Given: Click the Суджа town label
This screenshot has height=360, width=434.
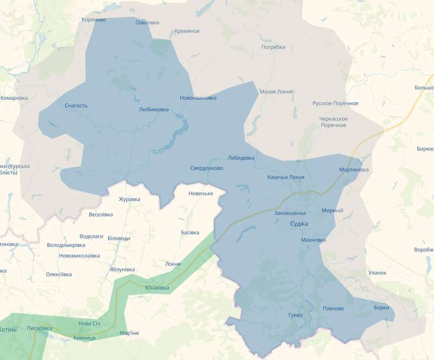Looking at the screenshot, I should tap(299, 223).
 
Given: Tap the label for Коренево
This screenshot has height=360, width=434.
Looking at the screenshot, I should tap(93, 20).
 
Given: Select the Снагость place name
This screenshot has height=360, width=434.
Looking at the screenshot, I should tap(76, 106).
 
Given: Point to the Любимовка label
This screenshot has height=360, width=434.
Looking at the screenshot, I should tap(154, 110).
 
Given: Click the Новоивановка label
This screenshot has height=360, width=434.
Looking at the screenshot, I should tap(198, 98).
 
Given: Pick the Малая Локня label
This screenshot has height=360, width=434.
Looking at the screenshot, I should tap(276, 92).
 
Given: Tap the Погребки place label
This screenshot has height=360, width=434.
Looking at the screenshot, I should tap(273, 47).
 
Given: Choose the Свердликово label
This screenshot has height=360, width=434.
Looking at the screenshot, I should tap(206, 168).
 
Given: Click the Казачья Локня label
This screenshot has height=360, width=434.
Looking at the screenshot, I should tap(286, 177).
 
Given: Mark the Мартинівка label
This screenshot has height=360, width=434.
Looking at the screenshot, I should tap(354, 170).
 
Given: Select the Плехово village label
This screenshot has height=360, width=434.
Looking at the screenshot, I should tap(333, 308).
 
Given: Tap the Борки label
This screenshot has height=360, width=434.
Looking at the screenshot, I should tap(381, 308).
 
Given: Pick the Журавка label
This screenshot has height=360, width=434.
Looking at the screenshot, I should tap(129, 199).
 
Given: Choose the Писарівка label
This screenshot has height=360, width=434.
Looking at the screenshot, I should tap(39, 328).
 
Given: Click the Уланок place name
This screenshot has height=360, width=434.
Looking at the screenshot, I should tap(377, 273).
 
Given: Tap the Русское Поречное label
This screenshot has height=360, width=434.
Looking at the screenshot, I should tap(335, 103).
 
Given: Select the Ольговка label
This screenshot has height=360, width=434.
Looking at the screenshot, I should tap(147, 22).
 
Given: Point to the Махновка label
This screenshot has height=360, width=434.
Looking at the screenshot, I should tap(313, 240).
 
